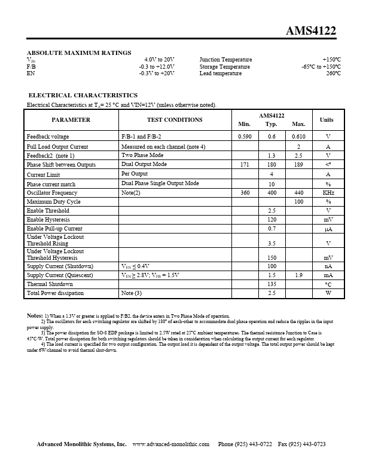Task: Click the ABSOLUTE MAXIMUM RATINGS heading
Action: pyautogui.click(x=79, y=53)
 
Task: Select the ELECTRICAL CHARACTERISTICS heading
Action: pyautogui.click(x=83, y=95)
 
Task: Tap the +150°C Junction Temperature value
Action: pyautogui.click(x=331, y=60)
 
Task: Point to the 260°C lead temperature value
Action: pyautogui.click(x=333, y=73)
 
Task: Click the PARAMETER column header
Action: pyautogui.click(x=71, y=119)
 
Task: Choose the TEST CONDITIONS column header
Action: pyautogui.click(x=175, y=119)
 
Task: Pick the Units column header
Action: pyautogui.click(x=327, y=119)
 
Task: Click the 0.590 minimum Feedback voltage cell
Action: pyautogui.click(x=245, y=137)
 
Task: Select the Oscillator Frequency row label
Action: pyautogui.click(x=52, y=193)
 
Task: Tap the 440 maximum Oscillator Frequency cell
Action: pyautogui.click(x=298, y=193)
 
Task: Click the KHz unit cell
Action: pyautogui.click(x=328, y=193)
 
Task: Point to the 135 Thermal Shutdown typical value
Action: pyautogui.click(x=272, y=284)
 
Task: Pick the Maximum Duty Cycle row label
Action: pyautogui.click(x=53, y=202)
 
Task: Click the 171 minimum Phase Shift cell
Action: pyautogui.click(x=245, y=164)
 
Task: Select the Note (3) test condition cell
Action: pyautogui.click(x=132, y=293)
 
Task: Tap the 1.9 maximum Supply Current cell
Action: pyautogui.click(x=298, y=275)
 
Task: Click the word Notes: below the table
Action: pyautogui.click(x=35, y=315)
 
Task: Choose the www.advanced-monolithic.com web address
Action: pyautogui.click(x=170, y=444)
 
